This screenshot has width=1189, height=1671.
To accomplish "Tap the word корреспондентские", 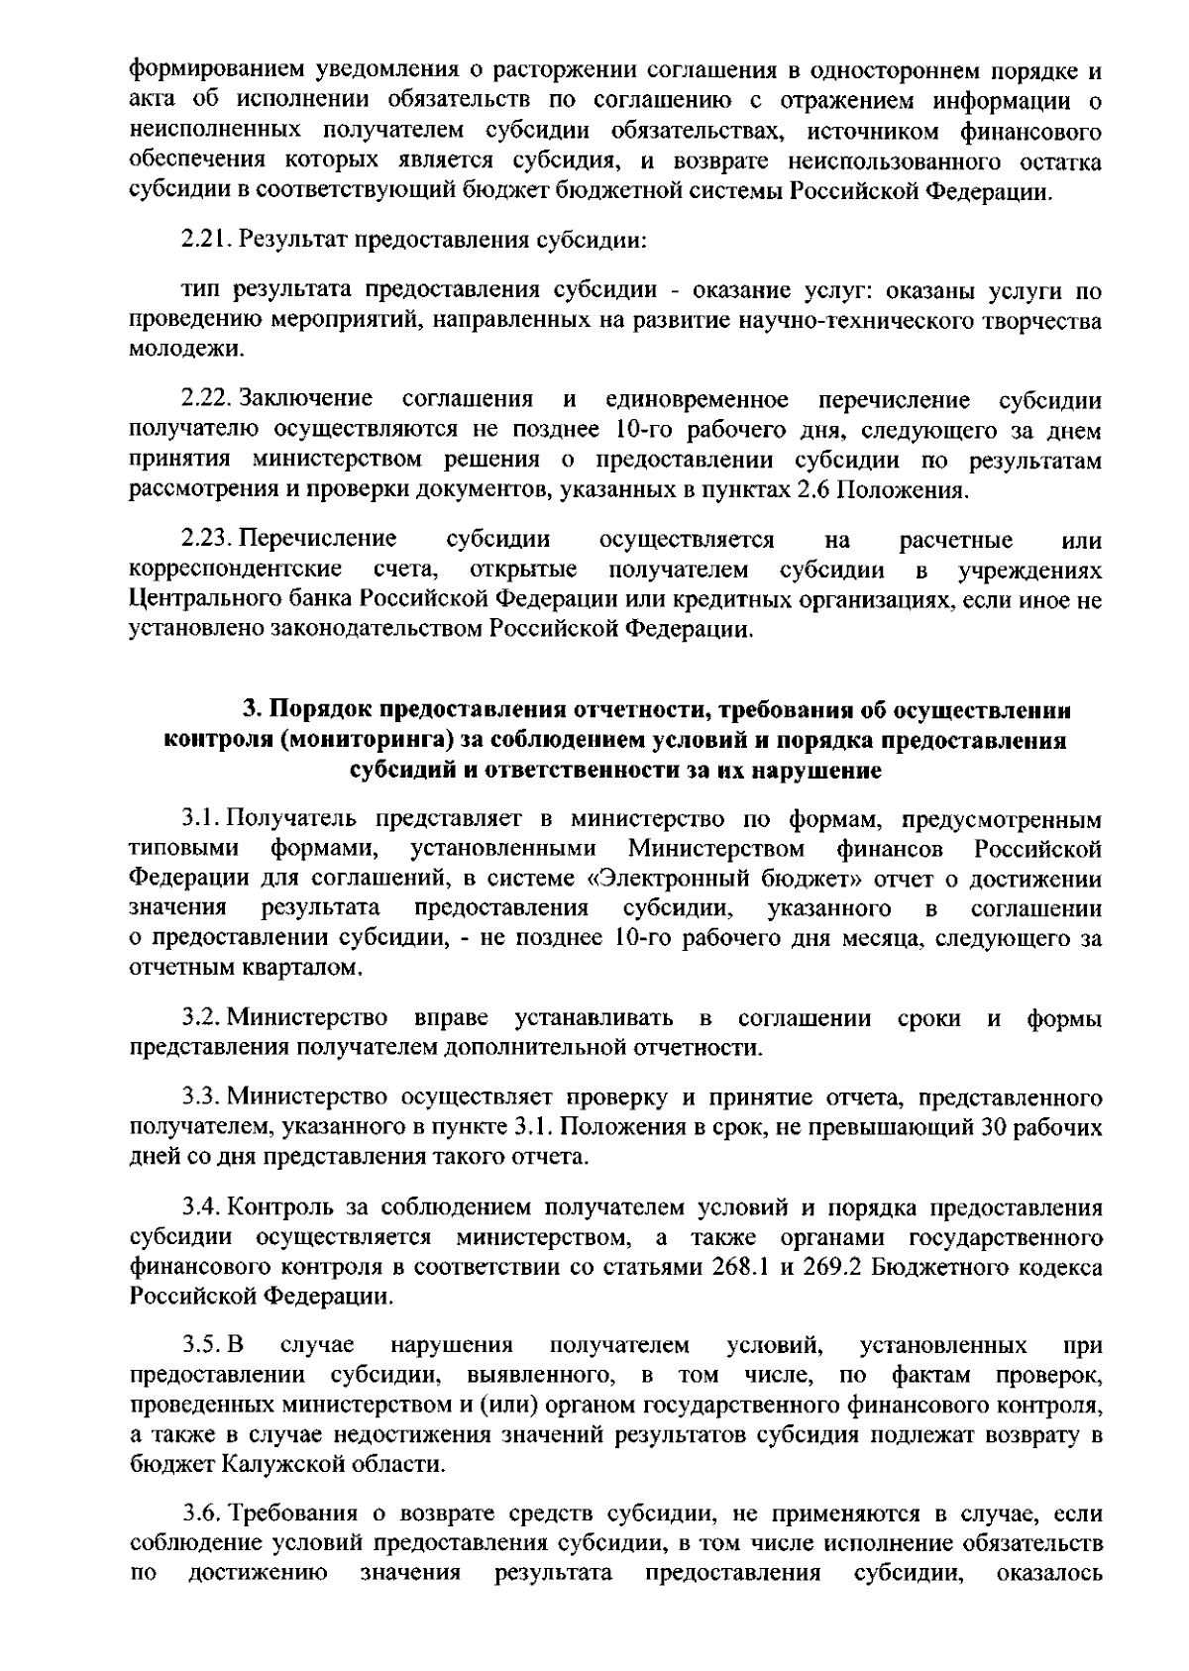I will point(236,570).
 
